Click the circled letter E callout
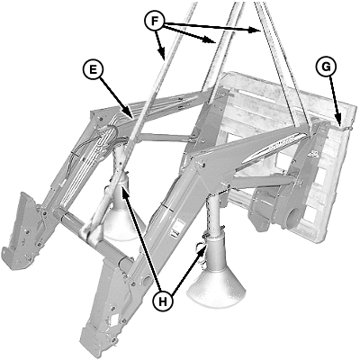point(93,69)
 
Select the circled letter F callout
point(154,21)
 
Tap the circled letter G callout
point(326,67)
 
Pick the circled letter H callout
point(162,301)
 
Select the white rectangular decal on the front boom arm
point(176,229)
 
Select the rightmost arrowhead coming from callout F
point(256,30)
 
